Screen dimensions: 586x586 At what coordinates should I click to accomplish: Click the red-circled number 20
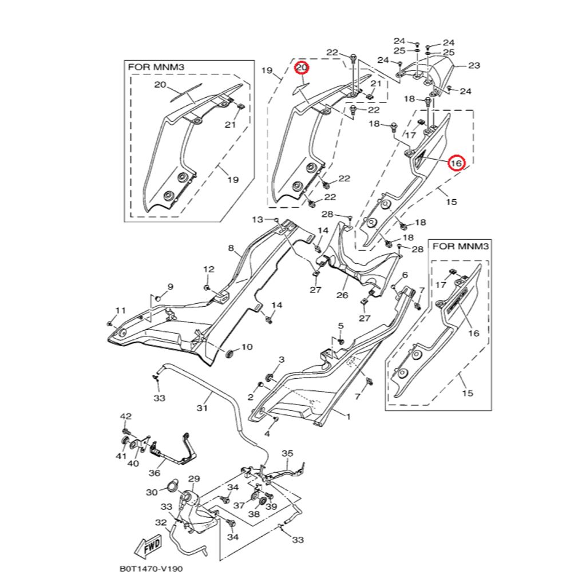click(302, 68)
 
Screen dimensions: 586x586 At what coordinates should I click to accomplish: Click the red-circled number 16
click(456, 163)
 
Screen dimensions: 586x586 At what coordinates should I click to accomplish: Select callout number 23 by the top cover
click(474, 65)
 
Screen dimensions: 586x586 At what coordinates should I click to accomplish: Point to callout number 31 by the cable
click(201, 408)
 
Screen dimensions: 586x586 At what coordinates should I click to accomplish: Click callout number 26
click(342, 295)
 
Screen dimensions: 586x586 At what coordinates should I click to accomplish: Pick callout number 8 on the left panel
click(231, 248)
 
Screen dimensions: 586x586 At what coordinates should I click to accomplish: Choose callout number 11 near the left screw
click(120, 310)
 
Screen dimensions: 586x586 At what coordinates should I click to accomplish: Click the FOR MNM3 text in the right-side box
click(460, 247)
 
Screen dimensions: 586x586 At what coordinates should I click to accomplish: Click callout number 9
click(169, 286)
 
